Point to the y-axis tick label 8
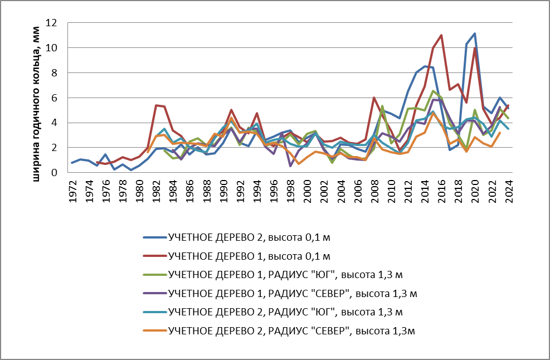(55, 73)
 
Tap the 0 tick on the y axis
(55, 173)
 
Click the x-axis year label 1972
(73, 192)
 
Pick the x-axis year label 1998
(290, 192)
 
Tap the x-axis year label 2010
(391, 192)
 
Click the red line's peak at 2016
(441, 35)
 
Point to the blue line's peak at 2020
(475, 33)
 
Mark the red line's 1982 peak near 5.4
(157, 105)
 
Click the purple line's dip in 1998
(290, 166)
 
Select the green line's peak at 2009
(382, 106)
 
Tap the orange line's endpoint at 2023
(500, 133)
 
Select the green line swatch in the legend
(154, 275)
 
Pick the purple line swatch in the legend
(154, 293)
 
